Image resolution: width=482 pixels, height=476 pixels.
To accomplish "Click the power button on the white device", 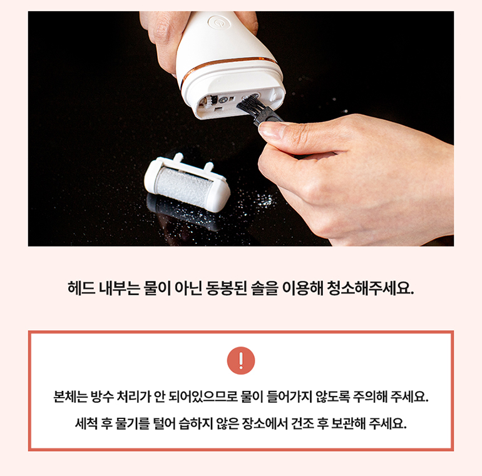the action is (x=218, y=22).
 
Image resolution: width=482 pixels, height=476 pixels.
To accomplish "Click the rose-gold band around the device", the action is (x=228, y=66).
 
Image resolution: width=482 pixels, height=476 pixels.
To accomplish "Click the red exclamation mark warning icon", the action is (x=241, y=360).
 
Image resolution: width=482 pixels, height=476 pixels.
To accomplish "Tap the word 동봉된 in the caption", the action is (x=226, y=288).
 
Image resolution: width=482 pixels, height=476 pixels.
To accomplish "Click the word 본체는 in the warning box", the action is (x=70, y=397).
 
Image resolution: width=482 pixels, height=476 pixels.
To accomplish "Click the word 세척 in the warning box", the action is (x=86, y=424).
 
